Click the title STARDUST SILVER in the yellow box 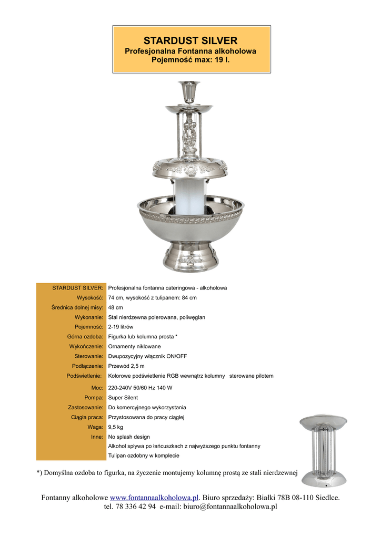pos(190,40)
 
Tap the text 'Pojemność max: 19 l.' pos(190,60)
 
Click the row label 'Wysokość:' pos(89,298)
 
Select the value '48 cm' pos(116,307)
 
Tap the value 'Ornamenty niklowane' pos(135,347)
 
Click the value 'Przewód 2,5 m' pos(126,366)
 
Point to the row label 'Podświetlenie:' pos(84,376)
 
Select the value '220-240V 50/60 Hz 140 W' pos(141,388)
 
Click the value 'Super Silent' pos(123,398)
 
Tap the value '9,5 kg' pos(116,427)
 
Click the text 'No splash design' pos(129,437)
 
